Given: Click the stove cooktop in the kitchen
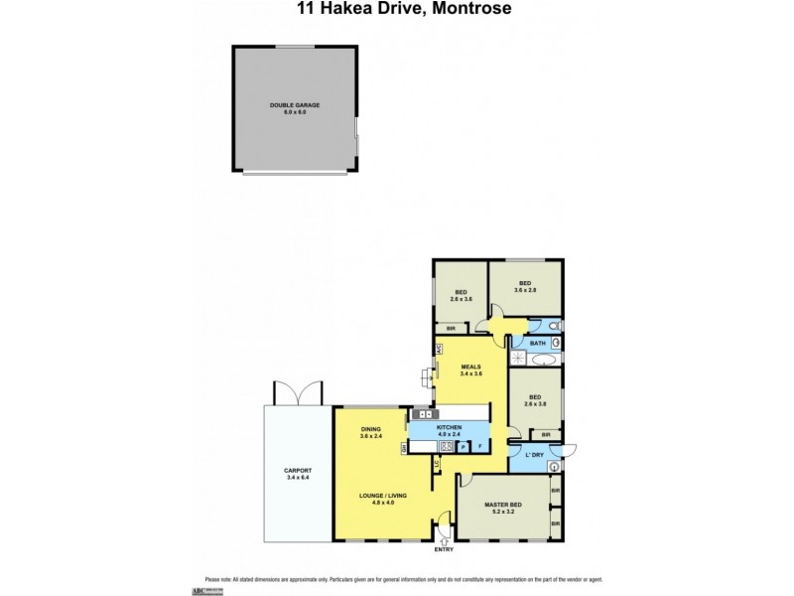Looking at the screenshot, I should (x=424, y=413).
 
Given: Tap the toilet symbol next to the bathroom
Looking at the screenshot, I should (x=555, y=325).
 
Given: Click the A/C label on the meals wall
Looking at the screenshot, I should (x=439, y=349).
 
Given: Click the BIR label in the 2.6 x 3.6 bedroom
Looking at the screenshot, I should (x=451, y=328).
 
